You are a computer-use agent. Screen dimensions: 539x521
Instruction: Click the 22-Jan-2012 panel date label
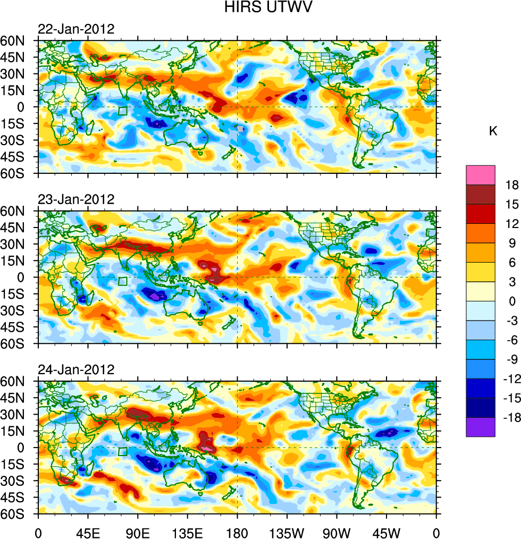76,29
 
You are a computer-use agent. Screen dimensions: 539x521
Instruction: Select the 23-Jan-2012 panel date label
76,199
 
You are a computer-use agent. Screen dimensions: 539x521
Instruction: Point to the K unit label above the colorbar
493,131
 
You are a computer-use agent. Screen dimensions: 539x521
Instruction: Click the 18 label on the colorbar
512,185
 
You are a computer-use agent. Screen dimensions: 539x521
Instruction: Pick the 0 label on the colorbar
512,301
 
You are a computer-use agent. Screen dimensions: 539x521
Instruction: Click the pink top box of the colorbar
481,175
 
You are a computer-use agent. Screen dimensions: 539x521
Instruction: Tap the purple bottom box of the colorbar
481,427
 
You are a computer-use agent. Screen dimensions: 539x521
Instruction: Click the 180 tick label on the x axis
237,532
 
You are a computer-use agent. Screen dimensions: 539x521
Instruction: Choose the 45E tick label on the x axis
88,532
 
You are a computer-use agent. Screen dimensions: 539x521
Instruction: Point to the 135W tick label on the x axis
287,532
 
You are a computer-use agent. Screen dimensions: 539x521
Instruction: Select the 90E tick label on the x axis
138,532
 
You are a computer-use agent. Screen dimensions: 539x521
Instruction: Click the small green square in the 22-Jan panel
123,111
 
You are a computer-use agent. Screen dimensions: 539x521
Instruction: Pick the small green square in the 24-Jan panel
123,452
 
